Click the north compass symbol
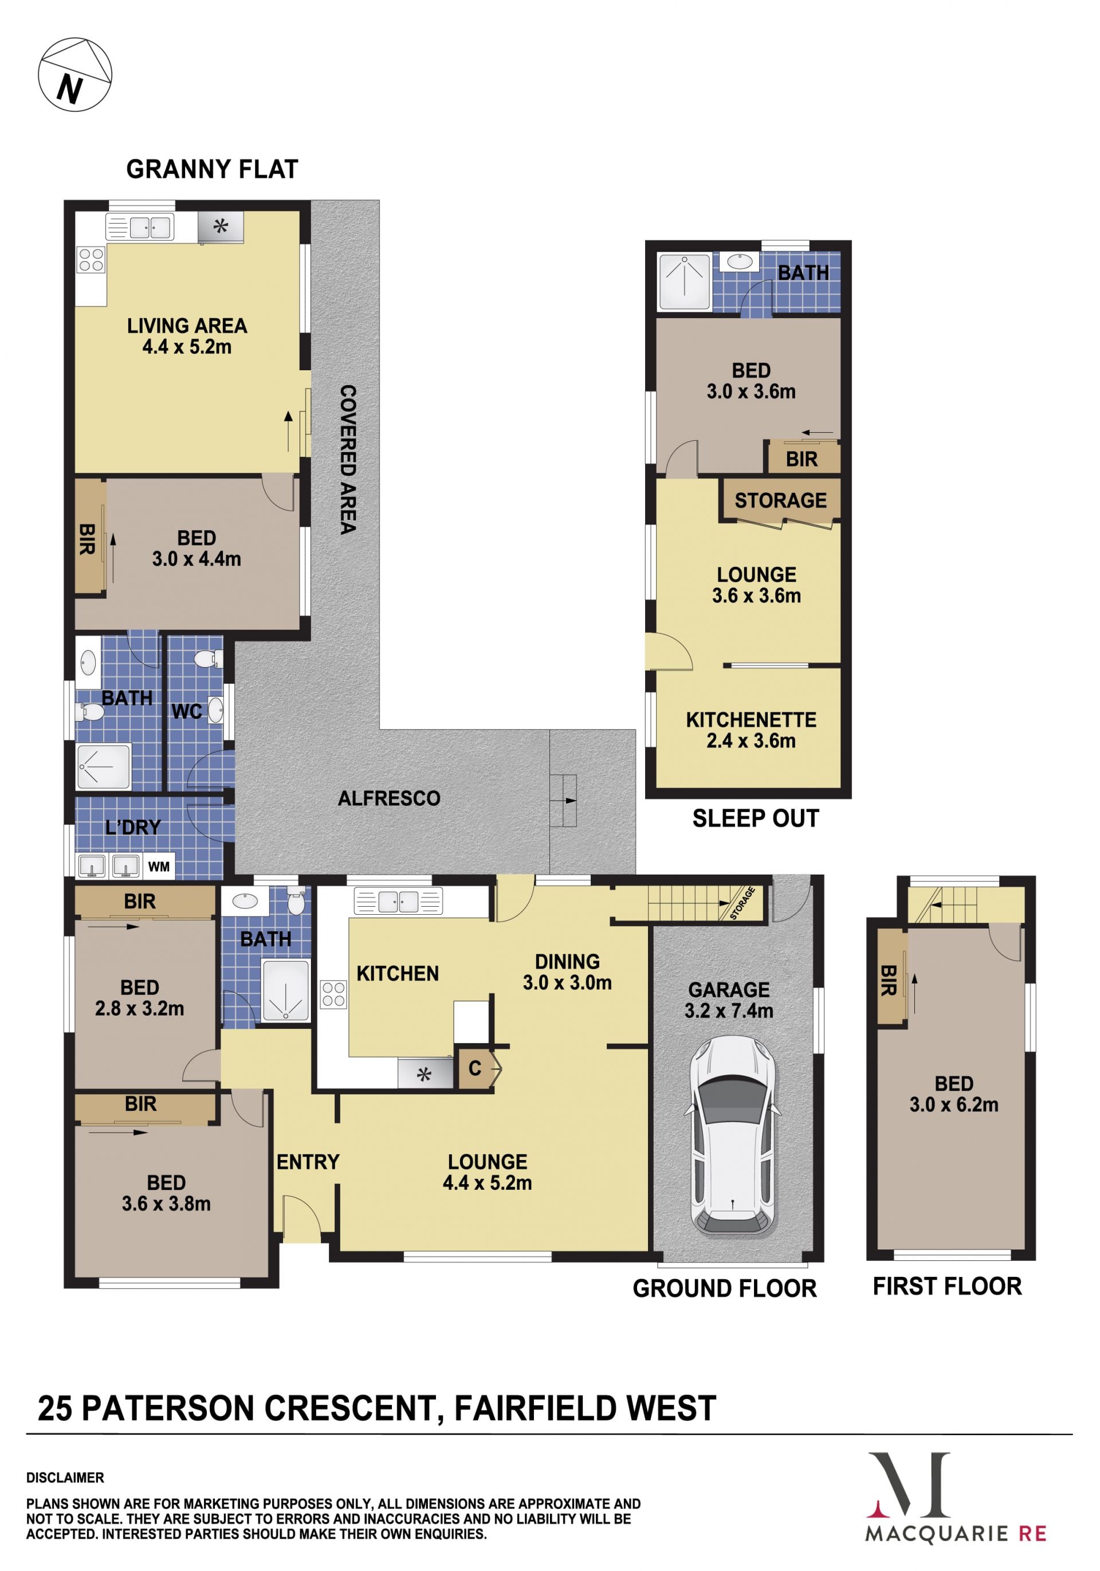(74, 75)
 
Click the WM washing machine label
(159, 866)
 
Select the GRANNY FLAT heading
(212, 169)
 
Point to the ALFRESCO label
(389, 798)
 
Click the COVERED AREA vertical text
(348, 459)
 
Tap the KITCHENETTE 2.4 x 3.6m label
(751, 730)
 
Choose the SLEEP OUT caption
(756, 818)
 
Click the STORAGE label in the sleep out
(780, 500)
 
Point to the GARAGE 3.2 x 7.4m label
(729, 1000)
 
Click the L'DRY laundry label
(133, 827)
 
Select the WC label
(187, 712)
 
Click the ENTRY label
(308, 1162)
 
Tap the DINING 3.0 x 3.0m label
(567, 972)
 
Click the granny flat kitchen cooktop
(91, 260)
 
